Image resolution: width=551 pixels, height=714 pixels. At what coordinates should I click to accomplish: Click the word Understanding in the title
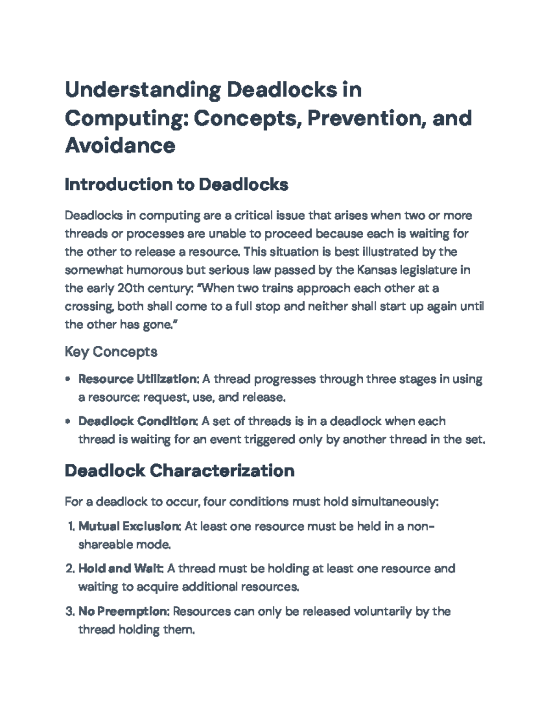tap(142, 90)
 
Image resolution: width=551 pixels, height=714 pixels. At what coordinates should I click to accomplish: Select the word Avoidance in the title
tap(120, 146)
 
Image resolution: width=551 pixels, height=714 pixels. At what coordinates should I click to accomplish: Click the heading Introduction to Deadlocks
tap(176, 185)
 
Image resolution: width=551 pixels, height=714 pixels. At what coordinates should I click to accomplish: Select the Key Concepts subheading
tap(111, 352)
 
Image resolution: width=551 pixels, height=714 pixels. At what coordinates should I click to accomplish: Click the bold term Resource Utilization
tap(138, 379)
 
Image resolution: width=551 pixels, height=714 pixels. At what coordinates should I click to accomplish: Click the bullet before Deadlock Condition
tap(68, 421)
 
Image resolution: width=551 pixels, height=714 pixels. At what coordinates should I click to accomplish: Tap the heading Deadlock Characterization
tap(180, 471)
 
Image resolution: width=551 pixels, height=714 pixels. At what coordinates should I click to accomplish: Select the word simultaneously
tap(394, 502)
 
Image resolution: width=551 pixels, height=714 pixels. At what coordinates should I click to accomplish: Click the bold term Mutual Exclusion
tap(129, 526)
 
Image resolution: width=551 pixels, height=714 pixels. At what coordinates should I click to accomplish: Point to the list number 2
tap(69, 569)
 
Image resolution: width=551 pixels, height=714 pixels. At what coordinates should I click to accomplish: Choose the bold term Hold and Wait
tap(121, 569)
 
